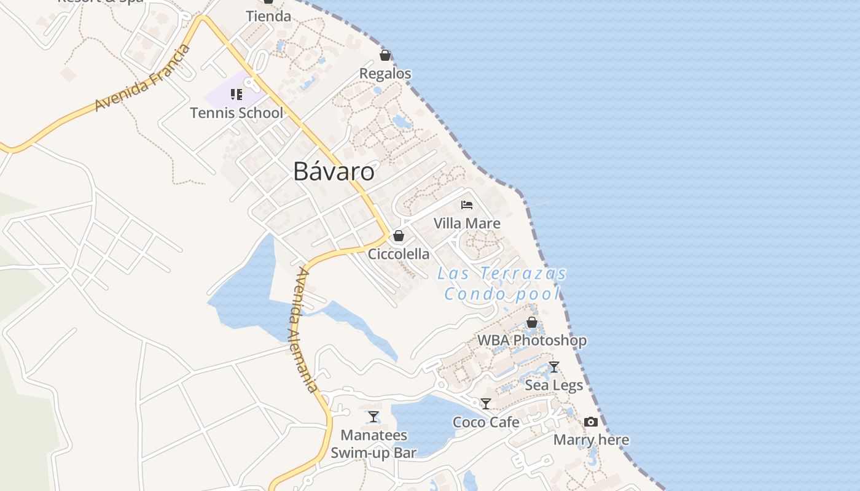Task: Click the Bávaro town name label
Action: pyautogui.click(x=334, y=171)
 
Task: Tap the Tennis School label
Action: pyautogui.click(x=237, y=113)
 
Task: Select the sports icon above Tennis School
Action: pyautogui.click(x=237, y=95)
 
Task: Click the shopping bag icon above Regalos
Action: pyautogui.click(x=385, y=56)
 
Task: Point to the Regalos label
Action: pyautogui.click(x=385, y=74)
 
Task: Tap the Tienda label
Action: pyautogui.click(x=268, y=17)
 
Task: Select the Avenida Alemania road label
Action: pyautogui.click(x=304, y=330)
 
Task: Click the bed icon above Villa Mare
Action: pyautogui.click(x=467, y=205)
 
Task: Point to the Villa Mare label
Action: pyautogui.click(x=467, y=223)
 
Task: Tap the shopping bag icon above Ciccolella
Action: pyautogui.click(x=399, y=236)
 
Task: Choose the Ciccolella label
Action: pyautogui.click(x=399, y=254)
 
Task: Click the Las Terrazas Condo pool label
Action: pyautogui.click(x=502, y=284)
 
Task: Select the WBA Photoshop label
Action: pyautogui.click(x=532, y=340)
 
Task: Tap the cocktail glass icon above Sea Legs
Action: pyautogui.click(x=554, y=367)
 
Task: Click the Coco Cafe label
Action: pyautogui.click(x=486, y=422)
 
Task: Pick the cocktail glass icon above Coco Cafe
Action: pyautogui.click(x=486, y=404)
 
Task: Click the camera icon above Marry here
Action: pyautogui.click(x=591, y=422)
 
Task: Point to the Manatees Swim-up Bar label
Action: pyautogui.click(x=373, y=444)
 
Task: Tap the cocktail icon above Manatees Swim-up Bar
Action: pyautogui.click(x=373, y=417)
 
